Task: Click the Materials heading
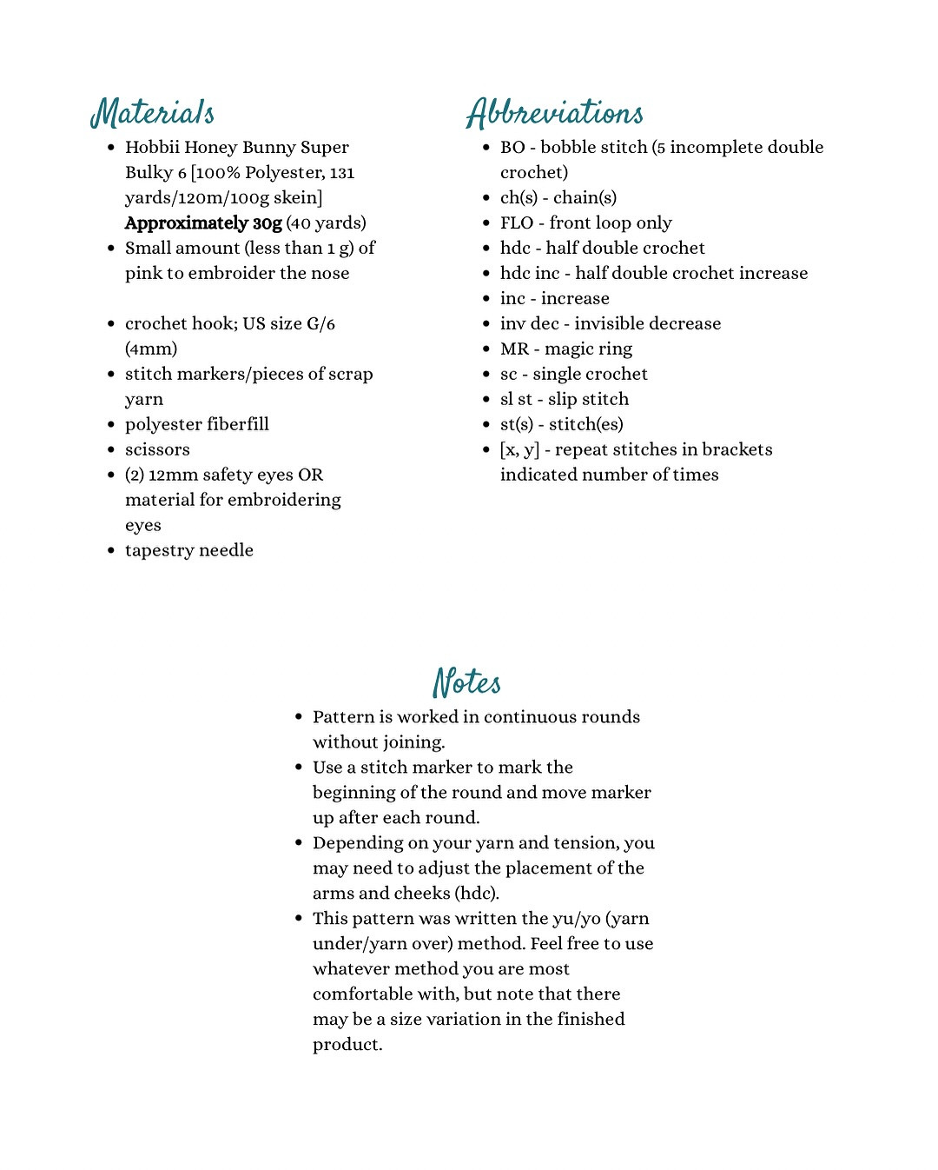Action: pyautogui.click(x=153, y=113)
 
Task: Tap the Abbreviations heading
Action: pyautogui.click(x=554, y=113)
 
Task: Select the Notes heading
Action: pyautogui.click(x=467, y=682)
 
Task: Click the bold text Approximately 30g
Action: pyautogui.click(x=203, y=223)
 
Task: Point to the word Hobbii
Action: pyautogui.click(x=151, y=148)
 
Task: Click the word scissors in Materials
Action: pyautogui.click(x=157, y=449)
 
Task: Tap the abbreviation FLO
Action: pyautogui.click(x=516, y=223)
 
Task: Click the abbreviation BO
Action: pyautogui.click(x=512, y=148)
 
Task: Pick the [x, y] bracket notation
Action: pyautogui.click(x=519, y=450)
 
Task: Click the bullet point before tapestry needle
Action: pyautogui.click(x=111, y=550)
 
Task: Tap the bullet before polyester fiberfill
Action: pyautogui.click(x=111, y=424)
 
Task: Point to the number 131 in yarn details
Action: pyautogui.click(x=342, y=173)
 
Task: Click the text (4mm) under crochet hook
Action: pyautogui.click(x=151, y=349)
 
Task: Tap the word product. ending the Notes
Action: pyautogui.click(x=347, y=1045)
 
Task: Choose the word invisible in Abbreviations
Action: pyautogui.click(x=606, y=324)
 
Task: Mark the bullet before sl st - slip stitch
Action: pyautogui.click(x=486, y=400)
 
